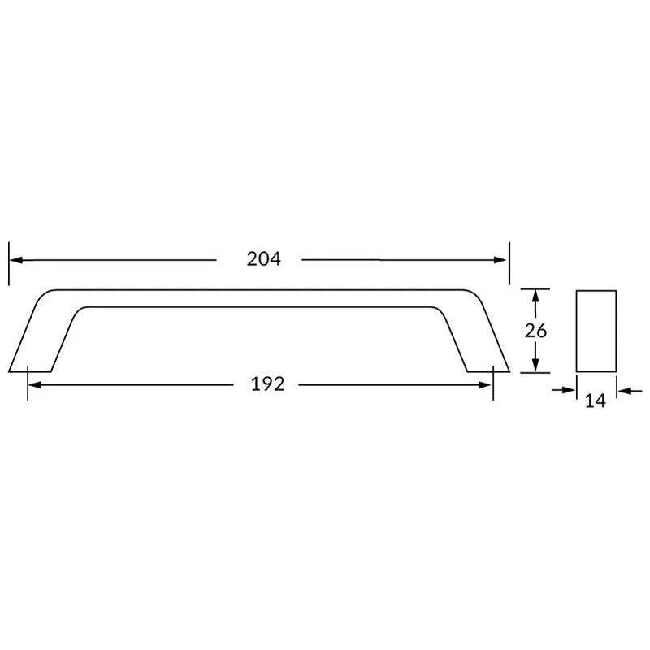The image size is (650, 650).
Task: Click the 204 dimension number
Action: click(263, 259)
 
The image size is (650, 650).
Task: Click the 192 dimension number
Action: click(268, 384)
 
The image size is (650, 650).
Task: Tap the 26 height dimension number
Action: click(535, 331)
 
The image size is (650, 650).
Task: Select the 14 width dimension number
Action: click(596, 401)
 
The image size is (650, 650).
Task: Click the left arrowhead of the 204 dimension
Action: click(15, 260)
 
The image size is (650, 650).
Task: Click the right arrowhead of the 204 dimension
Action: click(500, 260)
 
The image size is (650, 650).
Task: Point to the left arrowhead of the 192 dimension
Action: click(35, 385)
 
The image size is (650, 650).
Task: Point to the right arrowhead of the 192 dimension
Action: click(485, 385)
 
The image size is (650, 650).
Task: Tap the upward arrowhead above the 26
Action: click(535, 296)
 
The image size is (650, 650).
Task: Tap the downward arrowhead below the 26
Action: click(535, 365)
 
